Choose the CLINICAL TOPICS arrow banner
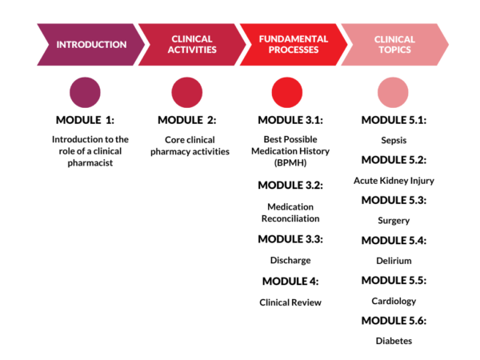(394, 44)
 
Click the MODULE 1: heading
(86, 121)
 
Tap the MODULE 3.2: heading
(290, 185)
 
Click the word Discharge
(290, 260)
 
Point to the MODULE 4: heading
(290, 281)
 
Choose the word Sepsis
(394, 140)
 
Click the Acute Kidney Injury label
(394, 180)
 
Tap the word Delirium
(394, 261)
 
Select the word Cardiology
(394, 301)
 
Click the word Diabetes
(394, 341)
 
